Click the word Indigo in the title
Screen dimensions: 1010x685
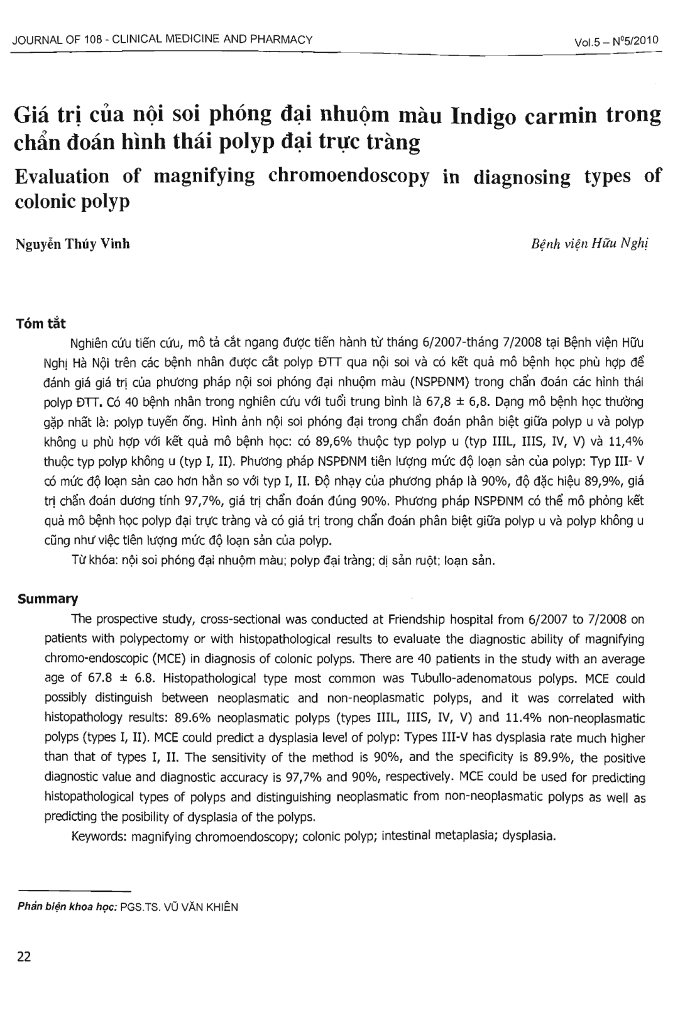(x=502, y=116)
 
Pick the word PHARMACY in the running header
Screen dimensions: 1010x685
(x=286, y=40)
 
